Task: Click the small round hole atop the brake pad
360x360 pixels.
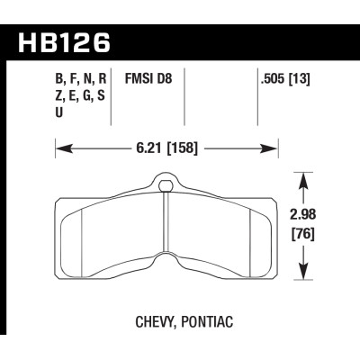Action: coord(166,186)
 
